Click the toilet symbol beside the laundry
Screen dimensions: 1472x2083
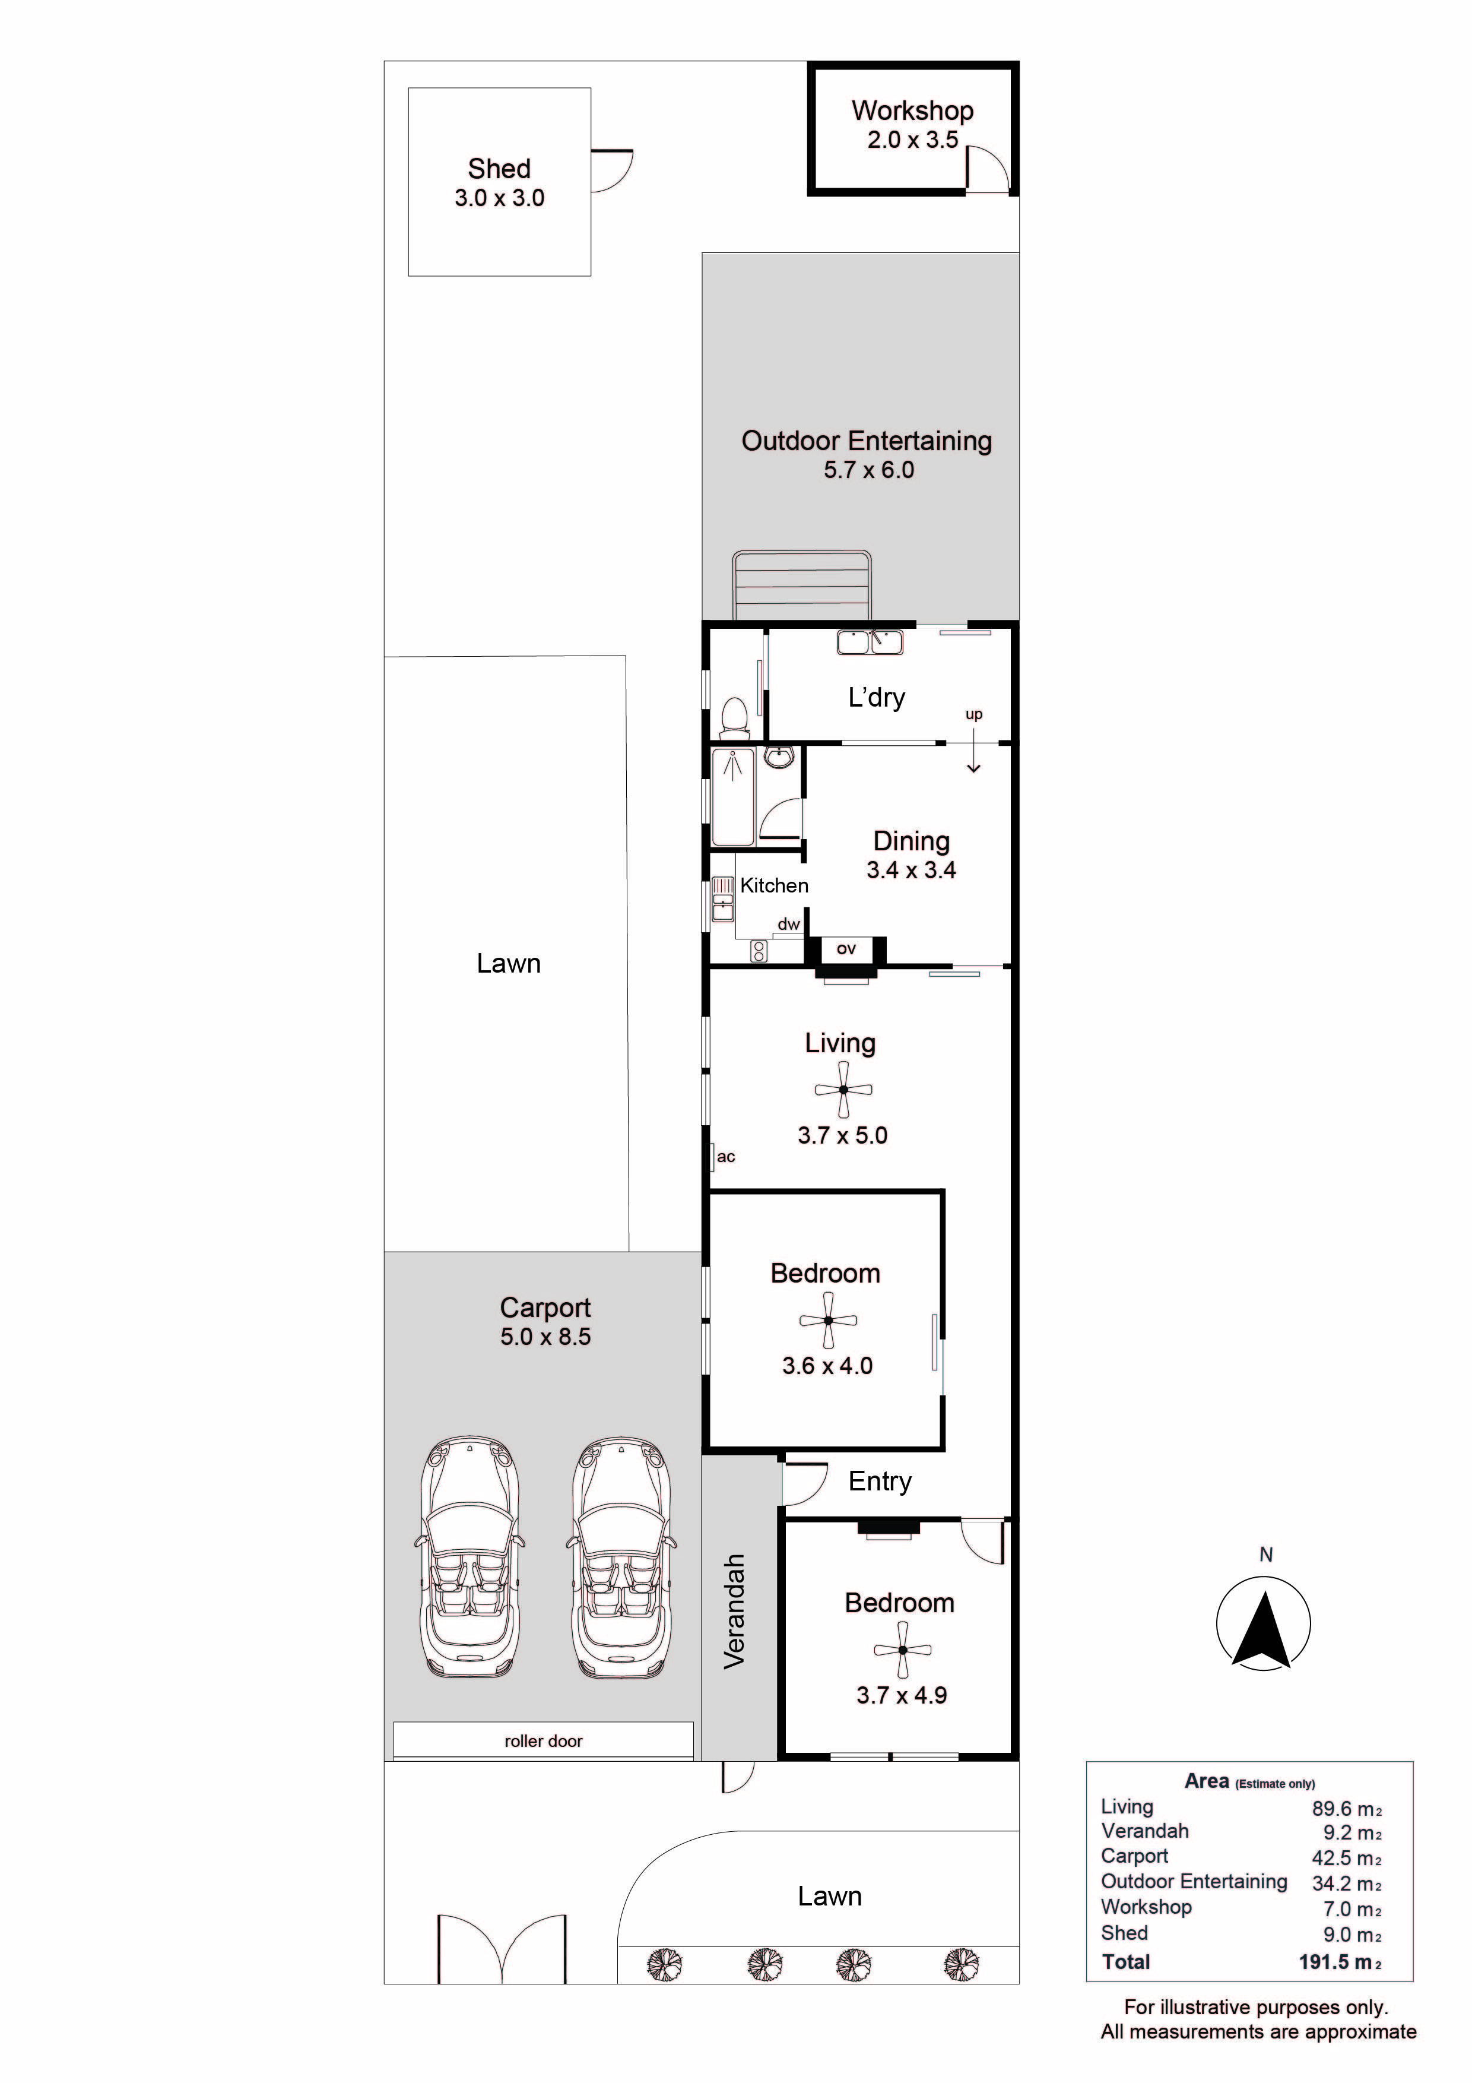733,716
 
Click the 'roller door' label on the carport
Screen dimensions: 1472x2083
543,1741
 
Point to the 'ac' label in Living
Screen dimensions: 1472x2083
725,1157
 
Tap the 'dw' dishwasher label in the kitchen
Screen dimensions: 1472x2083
789,925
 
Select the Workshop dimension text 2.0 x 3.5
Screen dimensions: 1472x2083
912,140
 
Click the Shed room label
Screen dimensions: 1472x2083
499,169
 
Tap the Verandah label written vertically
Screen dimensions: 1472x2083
734,1612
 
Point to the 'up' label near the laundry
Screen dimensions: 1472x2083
974,714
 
